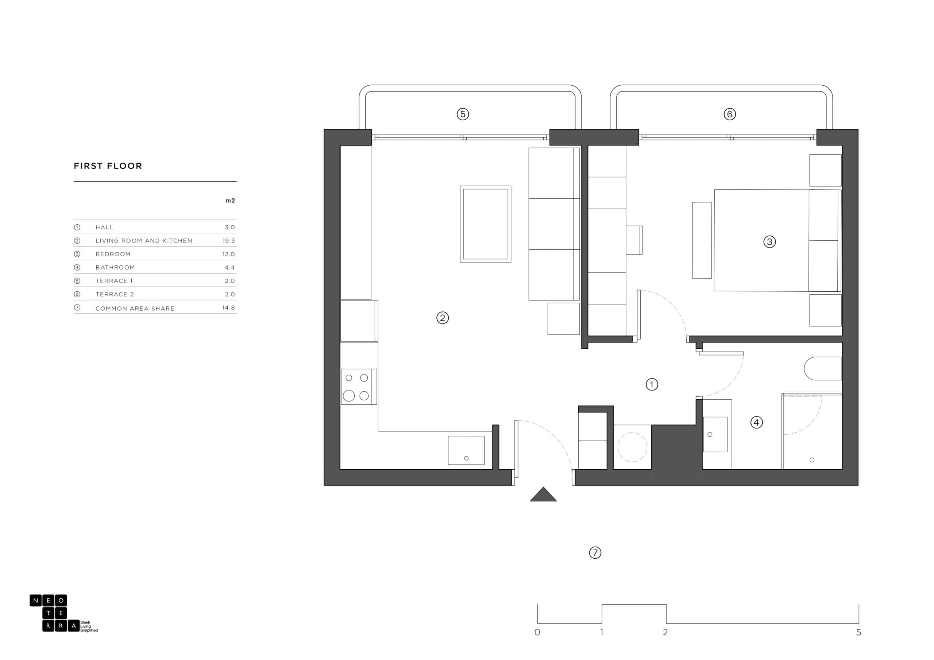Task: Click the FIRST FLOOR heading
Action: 108,166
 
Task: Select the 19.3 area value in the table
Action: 229,241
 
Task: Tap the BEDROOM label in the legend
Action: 113,254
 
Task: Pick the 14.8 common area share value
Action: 229,307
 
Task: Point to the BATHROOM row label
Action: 115,268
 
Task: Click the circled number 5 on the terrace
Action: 463,114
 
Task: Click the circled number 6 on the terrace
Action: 729,114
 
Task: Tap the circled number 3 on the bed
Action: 769,242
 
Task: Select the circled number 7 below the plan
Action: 595,553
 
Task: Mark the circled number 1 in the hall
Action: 652,384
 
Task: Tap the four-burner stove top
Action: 359,387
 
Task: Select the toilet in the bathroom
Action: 822,368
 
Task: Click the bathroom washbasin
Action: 715,434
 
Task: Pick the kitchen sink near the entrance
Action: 466,450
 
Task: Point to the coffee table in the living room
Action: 485,224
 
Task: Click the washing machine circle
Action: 632,447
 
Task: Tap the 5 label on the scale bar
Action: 858,632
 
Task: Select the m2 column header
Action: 230,201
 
